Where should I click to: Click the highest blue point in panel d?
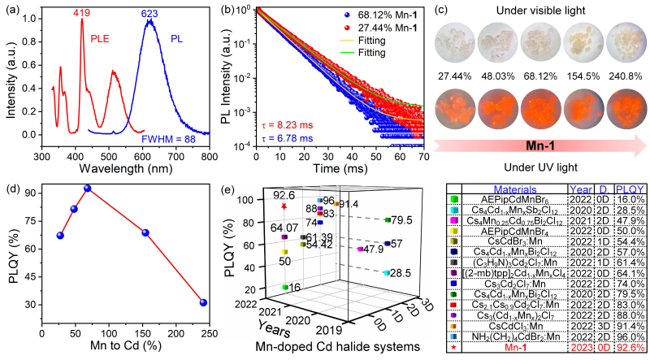click(x=88, y=189)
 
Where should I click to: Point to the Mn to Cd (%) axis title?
click(x=121, y=347)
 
